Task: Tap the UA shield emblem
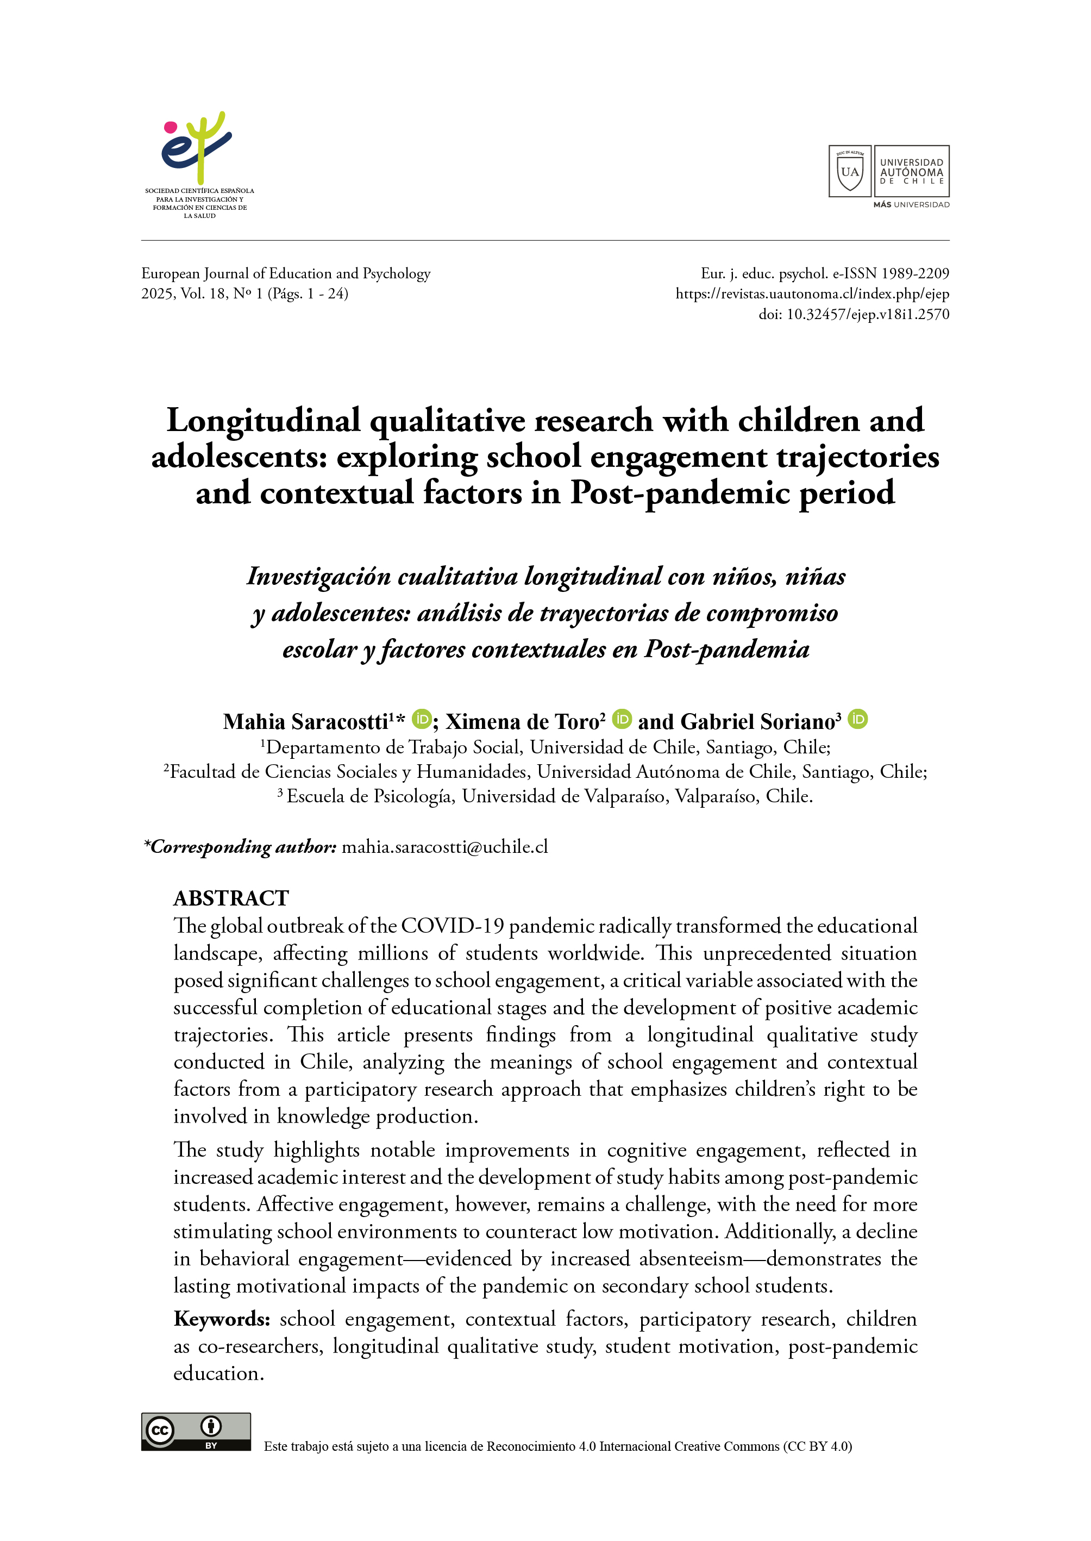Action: pyautogui.click(x=849, y=171)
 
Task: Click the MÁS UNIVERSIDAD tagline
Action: pyautogui.click(x=911, y=205)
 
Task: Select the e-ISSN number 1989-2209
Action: pyautogui.click(x=915, y=273)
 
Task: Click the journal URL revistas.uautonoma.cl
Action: pyautogui.click(x=812, y=294)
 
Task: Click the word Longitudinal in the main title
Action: pyautogui.click(x=264, y=421)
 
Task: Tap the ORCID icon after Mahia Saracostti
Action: pyautogui.click(x=421, y=719)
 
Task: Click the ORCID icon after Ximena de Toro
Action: pyautogui.click(x=622, y=719)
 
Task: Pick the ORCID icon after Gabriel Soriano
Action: pyautogui.click(x=857, y=719)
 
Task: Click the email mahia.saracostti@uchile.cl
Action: pyautogui.click(x=445, y=847)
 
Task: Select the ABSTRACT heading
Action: pyautogui.click(x=231, y=899)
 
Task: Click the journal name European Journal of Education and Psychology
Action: pyautogui.click(x=285, y=273)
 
